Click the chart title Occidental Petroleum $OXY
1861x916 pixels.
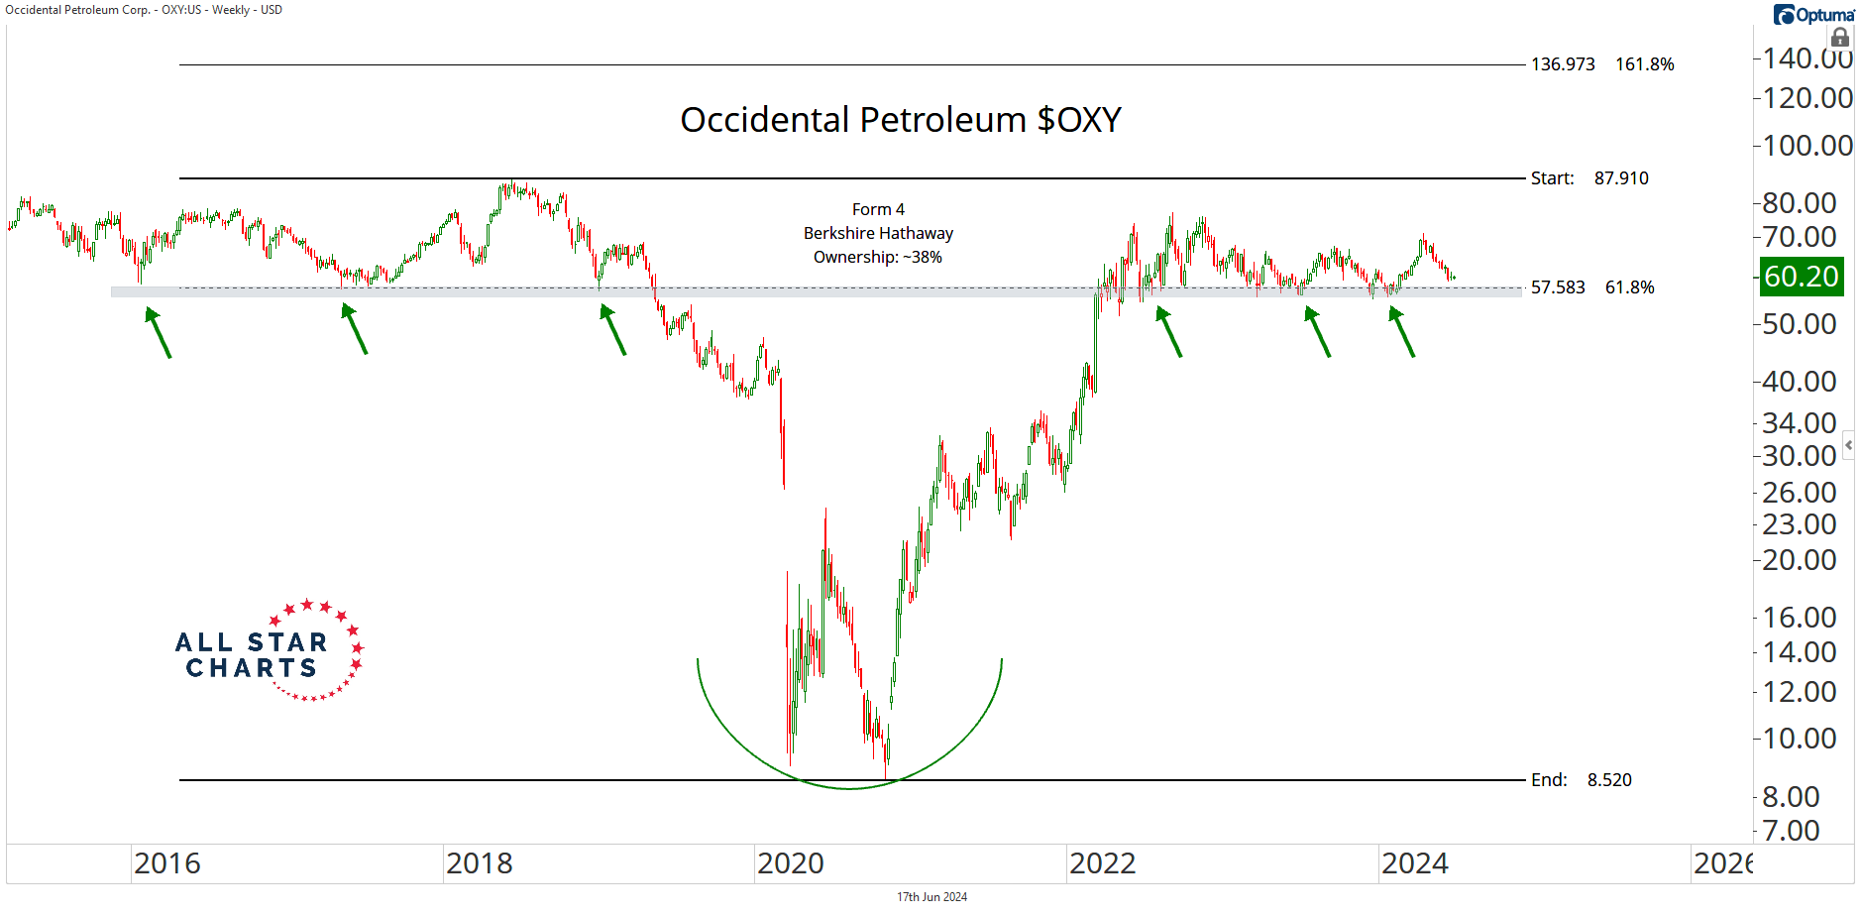tap(900, 120)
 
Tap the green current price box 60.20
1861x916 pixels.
tap(1801, 277)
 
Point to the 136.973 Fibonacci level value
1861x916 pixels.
tap(1563, 64)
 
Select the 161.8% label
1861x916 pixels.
tap(1644, 64)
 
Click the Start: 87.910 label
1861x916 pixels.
tap(1588, 178)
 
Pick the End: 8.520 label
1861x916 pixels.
tap(1581, 780)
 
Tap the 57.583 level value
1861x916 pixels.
tap(1558, 287)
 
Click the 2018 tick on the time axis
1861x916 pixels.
tap(479, 863)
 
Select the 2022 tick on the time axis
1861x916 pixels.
tap(1102, 863)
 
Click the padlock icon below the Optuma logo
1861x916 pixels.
tap(1840, 38)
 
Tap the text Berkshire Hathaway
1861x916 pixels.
tap(878, 233)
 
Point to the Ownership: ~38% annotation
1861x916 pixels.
tap(878, 257)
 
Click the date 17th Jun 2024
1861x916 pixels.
tap(931, 897)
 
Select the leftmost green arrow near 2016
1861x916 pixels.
tap(159, 332)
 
